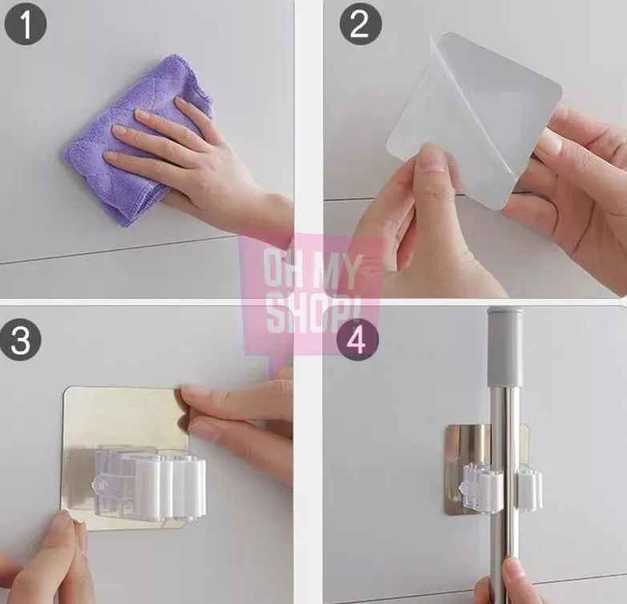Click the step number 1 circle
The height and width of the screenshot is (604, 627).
pyautogui.click(x=26, y=24)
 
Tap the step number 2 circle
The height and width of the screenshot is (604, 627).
pyautogui.click(x=361, y=24)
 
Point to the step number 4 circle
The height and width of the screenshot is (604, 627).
pyautogui.click(x=357, y=339)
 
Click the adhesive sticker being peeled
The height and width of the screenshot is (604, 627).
pyautogui.click(x=474, y=120)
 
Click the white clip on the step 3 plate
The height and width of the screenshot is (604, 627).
pyautogui.click(x=150, y=486)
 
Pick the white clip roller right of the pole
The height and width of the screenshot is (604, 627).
pyautogui.click(x=528, y=488)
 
